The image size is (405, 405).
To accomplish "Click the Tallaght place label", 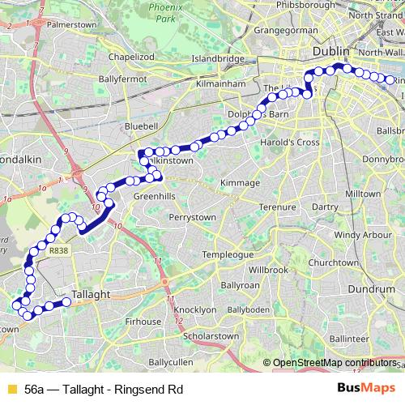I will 91,295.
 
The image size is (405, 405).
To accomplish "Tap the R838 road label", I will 59,252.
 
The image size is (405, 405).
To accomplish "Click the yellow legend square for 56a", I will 10,388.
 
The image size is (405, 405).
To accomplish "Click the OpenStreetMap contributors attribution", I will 333,363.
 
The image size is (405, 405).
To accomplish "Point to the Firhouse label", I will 143,322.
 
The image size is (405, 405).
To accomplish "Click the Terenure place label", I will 278,207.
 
